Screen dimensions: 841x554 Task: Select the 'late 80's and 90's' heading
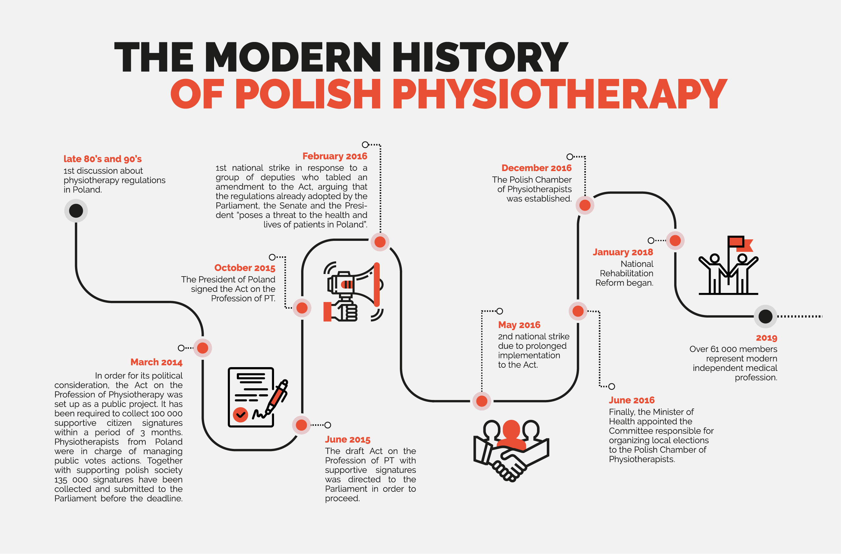[x=102, y=159]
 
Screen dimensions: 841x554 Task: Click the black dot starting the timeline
[x=76, y=211]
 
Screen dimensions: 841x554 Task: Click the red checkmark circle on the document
[x=240, y=414]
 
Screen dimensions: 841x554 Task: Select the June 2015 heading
[x=348, y=439]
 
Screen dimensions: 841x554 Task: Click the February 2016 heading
[x=335, y=156]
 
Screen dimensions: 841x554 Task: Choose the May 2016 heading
[x=519, y=325]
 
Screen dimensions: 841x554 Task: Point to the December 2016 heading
[x=536, y=168]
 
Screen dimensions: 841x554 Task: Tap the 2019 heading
[x=767, y=338]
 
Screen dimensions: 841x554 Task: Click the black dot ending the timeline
[x=765, y=316]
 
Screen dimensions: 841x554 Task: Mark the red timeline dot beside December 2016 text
[x=585, y=205]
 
